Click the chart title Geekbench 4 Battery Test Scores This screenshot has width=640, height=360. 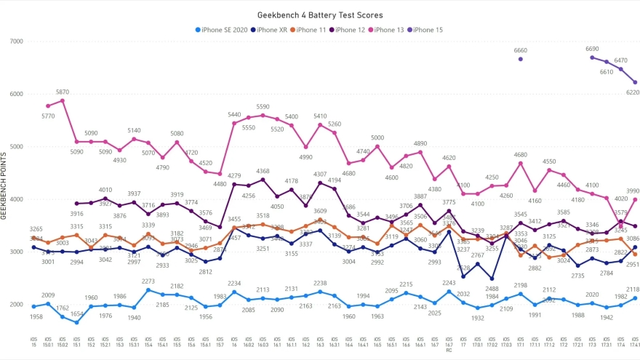320,15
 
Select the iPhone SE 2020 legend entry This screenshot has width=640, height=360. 223,30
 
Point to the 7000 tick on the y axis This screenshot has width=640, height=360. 15,41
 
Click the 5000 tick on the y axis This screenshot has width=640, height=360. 15,146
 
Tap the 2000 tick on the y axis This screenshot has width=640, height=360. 15,304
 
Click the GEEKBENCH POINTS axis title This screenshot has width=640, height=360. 4,185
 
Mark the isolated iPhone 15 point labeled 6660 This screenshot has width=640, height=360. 521,59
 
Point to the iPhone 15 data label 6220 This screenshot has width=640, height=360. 631,92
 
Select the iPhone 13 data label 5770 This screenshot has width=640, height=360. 48,116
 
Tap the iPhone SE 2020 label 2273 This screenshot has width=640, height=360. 148,281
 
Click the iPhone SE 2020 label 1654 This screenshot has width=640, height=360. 77,334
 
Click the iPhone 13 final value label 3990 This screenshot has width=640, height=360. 633,191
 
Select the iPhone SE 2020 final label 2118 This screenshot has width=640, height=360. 631,289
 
